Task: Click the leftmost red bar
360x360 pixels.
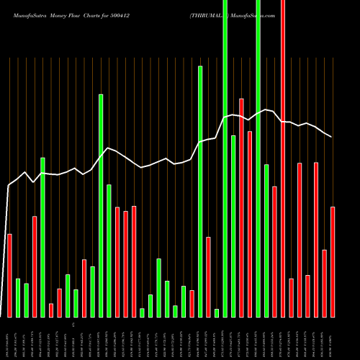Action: pos(9,275)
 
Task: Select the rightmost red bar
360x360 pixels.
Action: pos(333,261)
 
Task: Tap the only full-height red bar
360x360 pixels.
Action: pos(283,158)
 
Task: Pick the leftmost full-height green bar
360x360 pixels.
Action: pos(225,158)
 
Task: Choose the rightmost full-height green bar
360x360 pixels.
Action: pos(258,158)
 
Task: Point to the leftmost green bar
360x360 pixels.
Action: pos(18,297)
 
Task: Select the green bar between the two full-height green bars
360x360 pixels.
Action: pos(233,225)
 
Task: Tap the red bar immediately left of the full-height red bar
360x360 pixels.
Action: pos(274,251)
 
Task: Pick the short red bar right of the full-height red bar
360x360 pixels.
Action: pos(291,297)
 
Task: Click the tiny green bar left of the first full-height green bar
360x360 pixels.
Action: pos(217,312)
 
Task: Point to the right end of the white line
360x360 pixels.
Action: pos(332,137)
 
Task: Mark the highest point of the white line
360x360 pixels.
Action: pos(266,109)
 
